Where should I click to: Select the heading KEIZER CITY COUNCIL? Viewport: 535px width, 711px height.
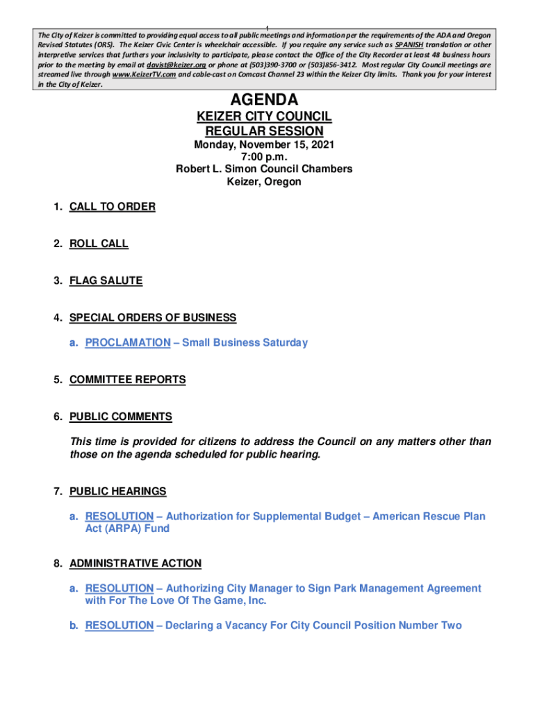click(x=264, y=117)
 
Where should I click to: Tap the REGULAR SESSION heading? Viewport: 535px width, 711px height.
click(x=264, y=131)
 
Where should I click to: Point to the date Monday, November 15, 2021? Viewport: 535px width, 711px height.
click(x=264, y=145)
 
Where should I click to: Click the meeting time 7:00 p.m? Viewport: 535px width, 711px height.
click(x=264, y=157)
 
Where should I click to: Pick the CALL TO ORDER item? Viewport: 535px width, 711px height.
click(x=112, y=206)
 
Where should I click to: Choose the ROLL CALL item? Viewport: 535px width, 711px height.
click(x=99, y=244)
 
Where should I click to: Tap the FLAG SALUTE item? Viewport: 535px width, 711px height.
click(x=106, y=281)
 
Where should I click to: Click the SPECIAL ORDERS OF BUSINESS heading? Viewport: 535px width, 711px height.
click(x=153, y=317)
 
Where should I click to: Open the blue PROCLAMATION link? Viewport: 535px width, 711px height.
click(x=127, y=342)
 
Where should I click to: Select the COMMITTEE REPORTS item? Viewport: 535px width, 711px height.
click(x=127, y=380)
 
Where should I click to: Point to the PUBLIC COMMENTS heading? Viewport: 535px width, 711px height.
click(x=120, y=417)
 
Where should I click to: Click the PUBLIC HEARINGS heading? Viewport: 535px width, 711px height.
click(x=117, y=491)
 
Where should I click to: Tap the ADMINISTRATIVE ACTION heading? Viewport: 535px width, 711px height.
click(x=135, y=563)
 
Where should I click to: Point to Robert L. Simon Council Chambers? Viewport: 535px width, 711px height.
click(x=264, y=169)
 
